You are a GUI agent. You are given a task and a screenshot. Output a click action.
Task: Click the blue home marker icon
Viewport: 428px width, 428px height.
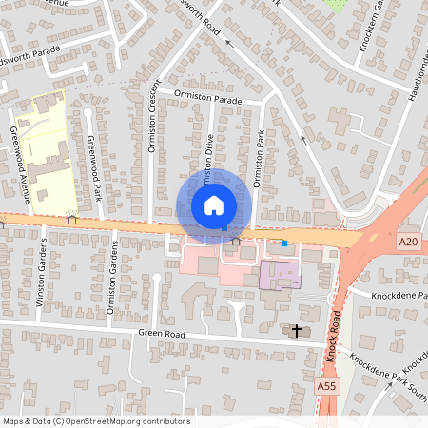214,205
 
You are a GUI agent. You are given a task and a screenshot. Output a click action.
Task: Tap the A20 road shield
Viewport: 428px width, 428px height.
409,243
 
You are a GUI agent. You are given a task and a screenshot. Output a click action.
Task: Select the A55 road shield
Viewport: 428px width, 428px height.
325,386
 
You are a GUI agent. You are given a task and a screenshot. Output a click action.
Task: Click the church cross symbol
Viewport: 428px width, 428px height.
297,331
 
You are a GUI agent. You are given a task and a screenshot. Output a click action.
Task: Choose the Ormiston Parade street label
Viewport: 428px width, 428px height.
208,96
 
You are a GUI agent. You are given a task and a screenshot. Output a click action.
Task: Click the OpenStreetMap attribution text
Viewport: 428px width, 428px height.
96,420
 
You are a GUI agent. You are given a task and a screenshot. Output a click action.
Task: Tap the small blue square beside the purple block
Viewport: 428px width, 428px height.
283,243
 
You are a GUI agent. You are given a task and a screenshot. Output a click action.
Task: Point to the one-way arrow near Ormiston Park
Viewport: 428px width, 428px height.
304,138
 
